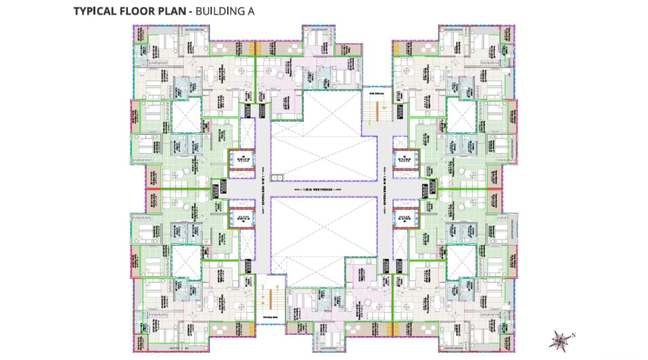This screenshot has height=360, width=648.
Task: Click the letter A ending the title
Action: tap(251, 11)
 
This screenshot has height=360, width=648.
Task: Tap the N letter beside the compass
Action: tap(573, 335)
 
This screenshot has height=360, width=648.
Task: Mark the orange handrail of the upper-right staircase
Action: tap(377, 111)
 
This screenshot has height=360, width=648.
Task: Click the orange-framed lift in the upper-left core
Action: tap(242, 159)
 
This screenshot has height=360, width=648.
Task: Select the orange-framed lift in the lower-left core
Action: tap(242, 219)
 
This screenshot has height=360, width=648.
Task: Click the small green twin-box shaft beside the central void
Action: tap(277, 178)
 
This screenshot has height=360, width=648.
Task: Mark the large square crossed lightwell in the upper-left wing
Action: tap(186, 116)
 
